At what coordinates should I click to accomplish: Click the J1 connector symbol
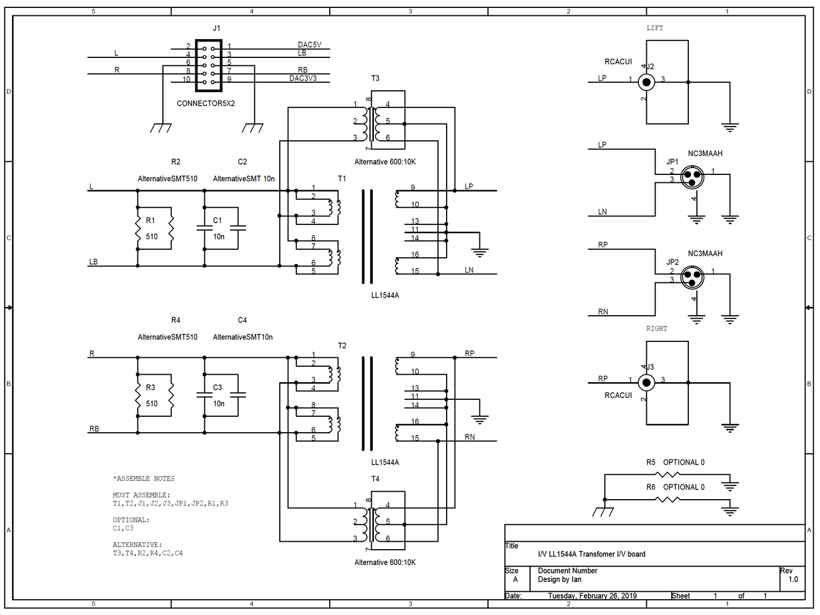pos(208,65)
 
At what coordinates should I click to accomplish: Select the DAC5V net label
pos(309,45)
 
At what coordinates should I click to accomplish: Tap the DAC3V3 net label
pos(303,78)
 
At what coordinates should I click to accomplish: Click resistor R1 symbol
pos(138,228)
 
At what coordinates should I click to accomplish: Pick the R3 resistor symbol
pos(138,395)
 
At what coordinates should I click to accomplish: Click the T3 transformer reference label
pos(375,78)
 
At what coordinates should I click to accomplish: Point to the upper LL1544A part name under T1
pos(385,295)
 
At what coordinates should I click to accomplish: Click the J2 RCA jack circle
pos(646,82)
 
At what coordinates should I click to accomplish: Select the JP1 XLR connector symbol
pos(692,177)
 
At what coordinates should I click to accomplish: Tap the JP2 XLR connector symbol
pos(692,277)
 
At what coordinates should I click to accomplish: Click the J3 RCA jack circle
pos(646,383)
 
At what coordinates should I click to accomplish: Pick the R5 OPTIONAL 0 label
pos(675,462)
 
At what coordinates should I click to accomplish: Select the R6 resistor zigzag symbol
pos(668,499)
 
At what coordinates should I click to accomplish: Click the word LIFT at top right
pos(654,28)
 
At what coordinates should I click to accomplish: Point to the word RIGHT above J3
pos(657,329)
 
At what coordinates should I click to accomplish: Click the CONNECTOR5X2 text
pos(205,103)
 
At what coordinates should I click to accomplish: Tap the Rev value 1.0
pos(793,579)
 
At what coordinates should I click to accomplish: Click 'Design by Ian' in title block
pos(560,579)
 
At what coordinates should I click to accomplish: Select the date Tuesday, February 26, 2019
pos(592,596)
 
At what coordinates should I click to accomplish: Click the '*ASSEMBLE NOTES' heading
pos(144,479)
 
